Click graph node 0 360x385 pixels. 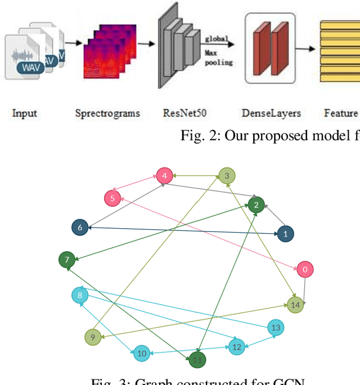305,269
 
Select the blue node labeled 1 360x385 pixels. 286,233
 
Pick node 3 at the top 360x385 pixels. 164,176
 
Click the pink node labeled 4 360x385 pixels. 112,198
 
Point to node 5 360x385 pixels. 80,228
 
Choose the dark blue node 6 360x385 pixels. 67,260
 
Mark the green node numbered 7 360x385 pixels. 80,295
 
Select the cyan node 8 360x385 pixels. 93,337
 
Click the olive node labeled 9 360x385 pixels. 142,353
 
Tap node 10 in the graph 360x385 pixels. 197,360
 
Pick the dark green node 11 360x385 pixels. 237,347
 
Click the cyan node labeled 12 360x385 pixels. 276,327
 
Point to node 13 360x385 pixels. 295,305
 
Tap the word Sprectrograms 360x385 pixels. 107,114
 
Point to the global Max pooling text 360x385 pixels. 218,51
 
